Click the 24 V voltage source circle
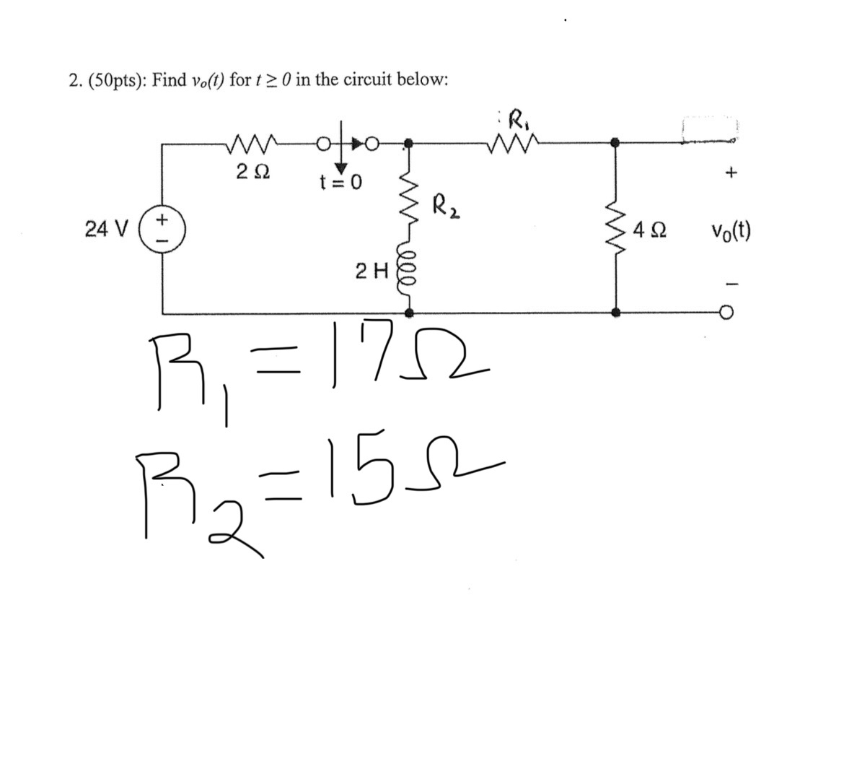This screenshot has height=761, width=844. pos(163,230)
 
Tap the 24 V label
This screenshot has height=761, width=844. pos(106,230)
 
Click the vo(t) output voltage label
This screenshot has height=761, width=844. pos(730,231)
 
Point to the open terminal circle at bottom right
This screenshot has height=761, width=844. pos(727,313)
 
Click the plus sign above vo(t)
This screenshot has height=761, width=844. pos(732,173)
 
